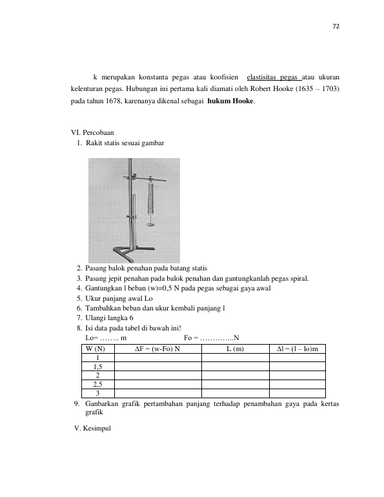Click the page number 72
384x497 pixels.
(336, 26)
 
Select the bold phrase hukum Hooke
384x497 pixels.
(230, 101)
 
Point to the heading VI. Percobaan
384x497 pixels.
(92, 132)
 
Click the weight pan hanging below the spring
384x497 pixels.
(151, 225)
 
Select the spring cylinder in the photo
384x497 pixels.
(151, 198)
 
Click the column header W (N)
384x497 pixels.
(95, 349)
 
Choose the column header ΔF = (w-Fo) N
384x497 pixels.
(157, 349)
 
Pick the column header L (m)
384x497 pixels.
(235, 349)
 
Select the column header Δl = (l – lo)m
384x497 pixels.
(297, 349)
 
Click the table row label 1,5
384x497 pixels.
(97, 367)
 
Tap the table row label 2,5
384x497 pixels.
(97, 385)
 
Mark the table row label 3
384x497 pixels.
(97, 393)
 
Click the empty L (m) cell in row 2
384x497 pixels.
(236, 376)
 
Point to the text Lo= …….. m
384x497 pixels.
(106, 338)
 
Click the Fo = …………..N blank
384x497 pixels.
(211, 338)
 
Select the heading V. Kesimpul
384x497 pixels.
(92, 428)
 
